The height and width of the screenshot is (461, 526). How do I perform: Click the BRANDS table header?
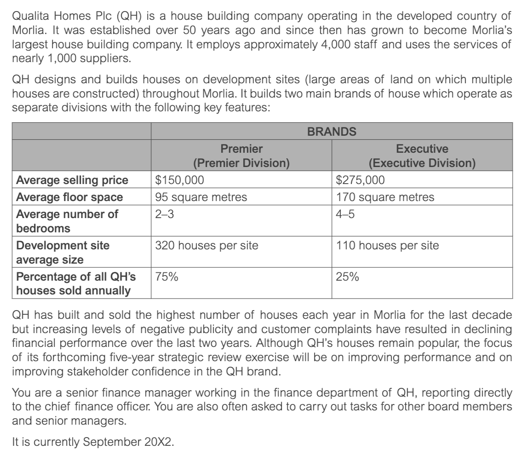332,131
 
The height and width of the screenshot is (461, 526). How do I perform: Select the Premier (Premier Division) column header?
241,156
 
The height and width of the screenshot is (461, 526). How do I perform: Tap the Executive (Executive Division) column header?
422,156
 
